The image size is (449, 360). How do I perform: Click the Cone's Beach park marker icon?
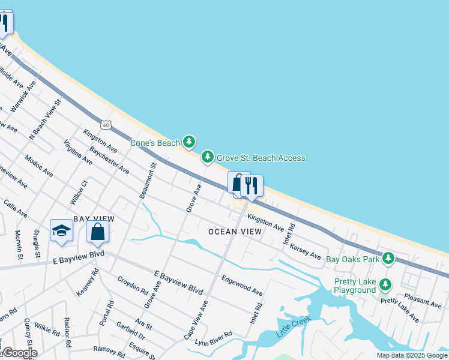[x=189, y=142]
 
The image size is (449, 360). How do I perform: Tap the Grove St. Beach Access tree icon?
[x=208, y=157]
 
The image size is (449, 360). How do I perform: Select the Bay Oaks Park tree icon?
[x=388, y=259]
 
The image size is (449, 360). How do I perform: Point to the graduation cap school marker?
[x=61, y=231]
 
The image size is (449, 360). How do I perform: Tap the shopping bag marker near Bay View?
[x=97, y=232]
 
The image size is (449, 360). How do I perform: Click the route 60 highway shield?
[x=106, y=124]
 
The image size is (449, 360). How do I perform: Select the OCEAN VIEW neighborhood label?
[x=235, y=231]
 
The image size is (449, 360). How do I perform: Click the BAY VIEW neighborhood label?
[x=94, y=219]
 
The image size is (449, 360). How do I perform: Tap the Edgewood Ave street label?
[x=242, y=284]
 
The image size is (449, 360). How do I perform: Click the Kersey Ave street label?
[x=305, y=251]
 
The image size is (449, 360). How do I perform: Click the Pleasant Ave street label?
[x=423, y=300]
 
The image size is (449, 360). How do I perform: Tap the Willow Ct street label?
[x=79, y=191]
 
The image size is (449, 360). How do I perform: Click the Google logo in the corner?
[x=19, y=353]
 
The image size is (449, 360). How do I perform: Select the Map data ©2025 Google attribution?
[x=411, y=355]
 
